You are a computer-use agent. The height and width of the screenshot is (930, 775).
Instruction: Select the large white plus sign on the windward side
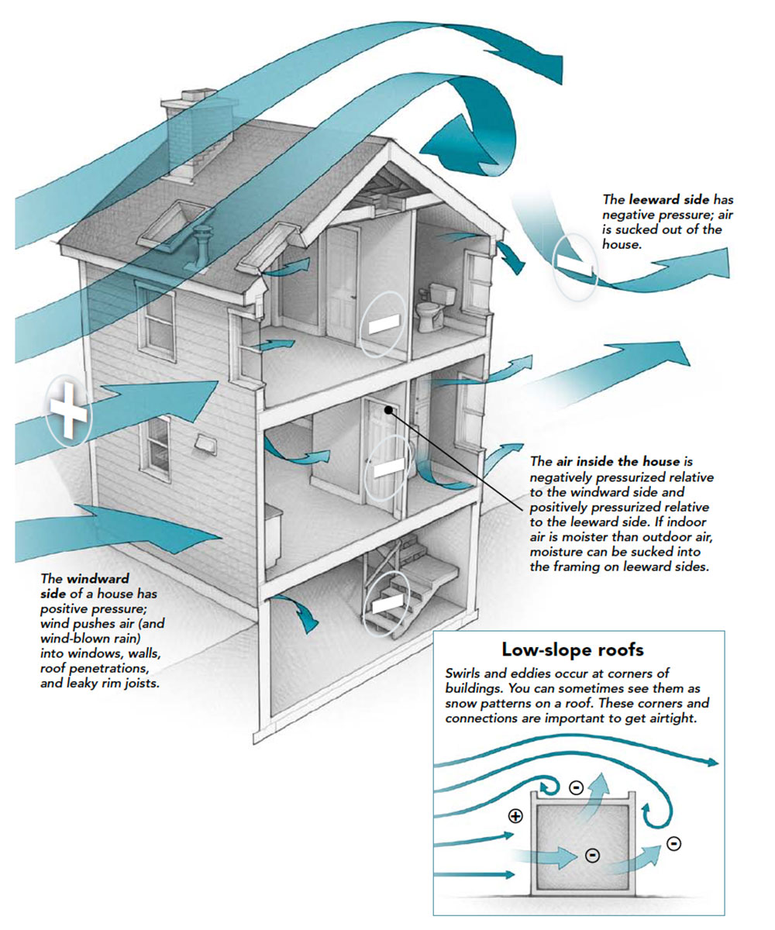69,408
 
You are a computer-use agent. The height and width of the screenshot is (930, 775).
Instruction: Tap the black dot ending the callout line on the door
386,414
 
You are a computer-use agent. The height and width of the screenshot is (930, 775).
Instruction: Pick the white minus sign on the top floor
385,325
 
